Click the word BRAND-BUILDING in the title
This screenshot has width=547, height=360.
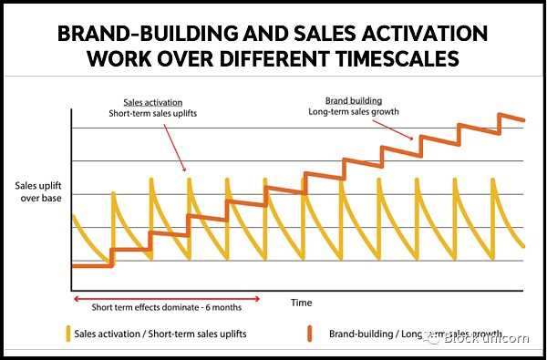(148, 34)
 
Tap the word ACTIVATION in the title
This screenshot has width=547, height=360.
(425, 34)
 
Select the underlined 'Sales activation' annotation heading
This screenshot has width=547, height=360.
(153, 103)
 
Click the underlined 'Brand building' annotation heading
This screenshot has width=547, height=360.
(354, 101)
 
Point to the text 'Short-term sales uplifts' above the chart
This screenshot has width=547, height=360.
(153, 114)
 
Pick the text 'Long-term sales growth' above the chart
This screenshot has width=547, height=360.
(354, 112)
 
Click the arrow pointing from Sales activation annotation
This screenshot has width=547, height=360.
(174, 148)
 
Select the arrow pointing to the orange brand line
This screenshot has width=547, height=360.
(392, 129)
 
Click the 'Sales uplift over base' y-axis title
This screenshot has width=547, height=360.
(38, 192)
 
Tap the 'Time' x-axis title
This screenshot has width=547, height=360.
(302, 303)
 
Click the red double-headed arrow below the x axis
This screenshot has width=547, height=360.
(167, 299)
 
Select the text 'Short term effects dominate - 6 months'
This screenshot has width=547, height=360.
(167, 307)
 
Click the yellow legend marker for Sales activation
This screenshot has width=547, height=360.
(68, 334)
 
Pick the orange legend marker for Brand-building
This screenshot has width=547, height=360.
(309, 334)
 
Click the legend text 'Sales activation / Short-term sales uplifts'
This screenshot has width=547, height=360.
(160, 334)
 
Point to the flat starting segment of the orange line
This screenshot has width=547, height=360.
(92, 266)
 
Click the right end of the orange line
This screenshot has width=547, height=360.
(523, 120)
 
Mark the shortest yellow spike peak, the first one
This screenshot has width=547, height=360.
(113, 192)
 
